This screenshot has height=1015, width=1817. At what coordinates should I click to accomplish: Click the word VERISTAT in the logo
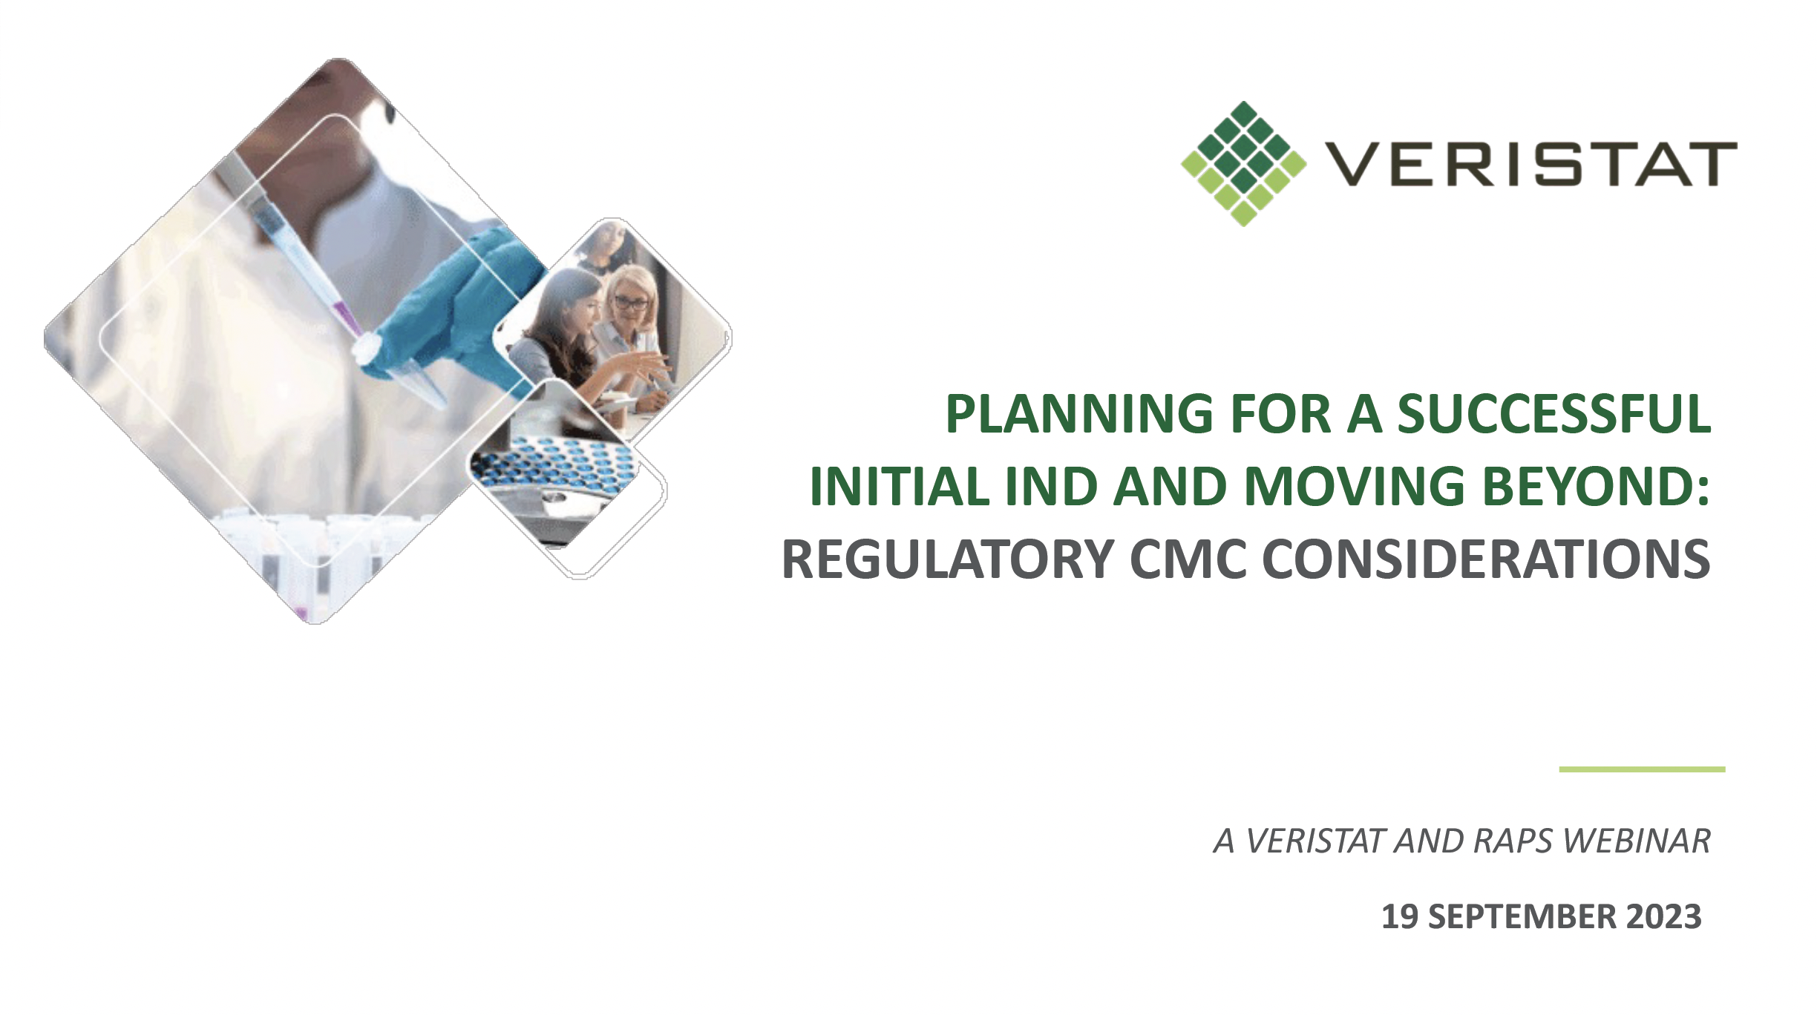pyautogui.click(x=1531, y=163)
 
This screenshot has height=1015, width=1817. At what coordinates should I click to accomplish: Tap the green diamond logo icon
pyautogui.click(x=1243, y=163)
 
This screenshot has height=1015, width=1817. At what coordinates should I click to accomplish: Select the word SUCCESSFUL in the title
pyautogui.click(x=1554, y=414)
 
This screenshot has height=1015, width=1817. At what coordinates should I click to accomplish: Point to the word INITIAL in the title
pyautogui.click(x=899, y=487)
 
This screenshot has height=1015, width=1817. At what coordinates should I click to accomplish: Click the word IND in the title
pyautogui.click(x=1051, y=487)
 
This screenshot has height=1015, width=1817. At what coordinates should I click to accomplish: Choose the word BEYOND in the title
pyautogui.click(x=1588, y=487)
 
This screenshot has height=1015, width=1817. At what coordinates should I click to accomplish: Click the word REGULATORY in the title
pyautogui.click(x=948, y=559)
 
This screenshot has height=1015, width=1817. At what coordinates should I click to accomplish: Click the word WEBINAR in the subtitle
pyautogui.click(x=1637, y=841)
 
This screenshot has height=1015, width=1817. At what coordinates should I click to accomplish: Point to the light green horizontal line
pyautogui.click(x=1642, y=769)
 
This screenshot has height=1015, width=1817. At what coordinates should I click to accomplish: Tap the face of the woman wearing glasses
pyautogui.click(x=631, y=300)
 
